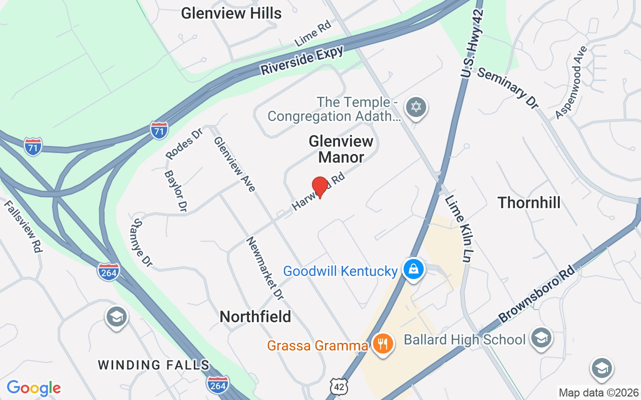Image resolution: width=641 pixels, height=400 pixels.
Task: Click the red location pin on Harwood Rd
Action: click(319, 187)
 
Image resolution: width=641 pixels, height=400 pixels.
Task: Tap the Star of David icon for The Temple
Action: click(415, 107)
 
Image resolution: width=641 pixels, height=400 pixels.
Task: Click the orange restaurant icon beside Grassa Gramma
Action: click(383, 344)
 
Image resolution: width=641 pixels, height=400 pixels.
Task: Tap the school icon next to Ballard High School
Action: click(541, 337)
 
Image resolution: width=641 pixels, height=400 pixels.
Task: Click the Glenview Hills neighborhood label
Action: click(231, 13)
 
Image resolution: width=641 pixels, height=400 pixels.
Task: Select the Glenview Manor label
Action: click(341, 149)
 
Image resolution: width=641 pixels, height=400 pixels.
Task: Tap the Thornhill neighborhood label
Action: click(529, 202)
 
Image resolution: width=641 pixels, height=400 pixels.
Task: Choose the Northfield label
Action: click(255, 316)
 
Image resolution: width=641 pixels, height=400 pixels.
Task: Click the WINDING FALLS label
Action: click(154, 365)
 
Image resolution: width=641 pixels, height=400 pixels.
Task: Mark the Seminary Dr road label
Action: click(507, 88)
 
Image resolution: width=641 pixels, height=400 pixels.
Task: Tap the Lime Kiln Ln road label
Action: click(459, 223)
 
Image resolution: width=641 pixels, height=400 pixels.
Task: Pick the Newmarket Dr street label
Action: click(265, 268)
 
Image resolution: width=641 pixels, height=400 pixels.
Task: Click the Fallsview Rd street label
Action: click(23, 226)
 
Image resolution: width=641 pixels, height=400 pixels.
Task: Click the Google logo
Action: click(34, 388)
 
